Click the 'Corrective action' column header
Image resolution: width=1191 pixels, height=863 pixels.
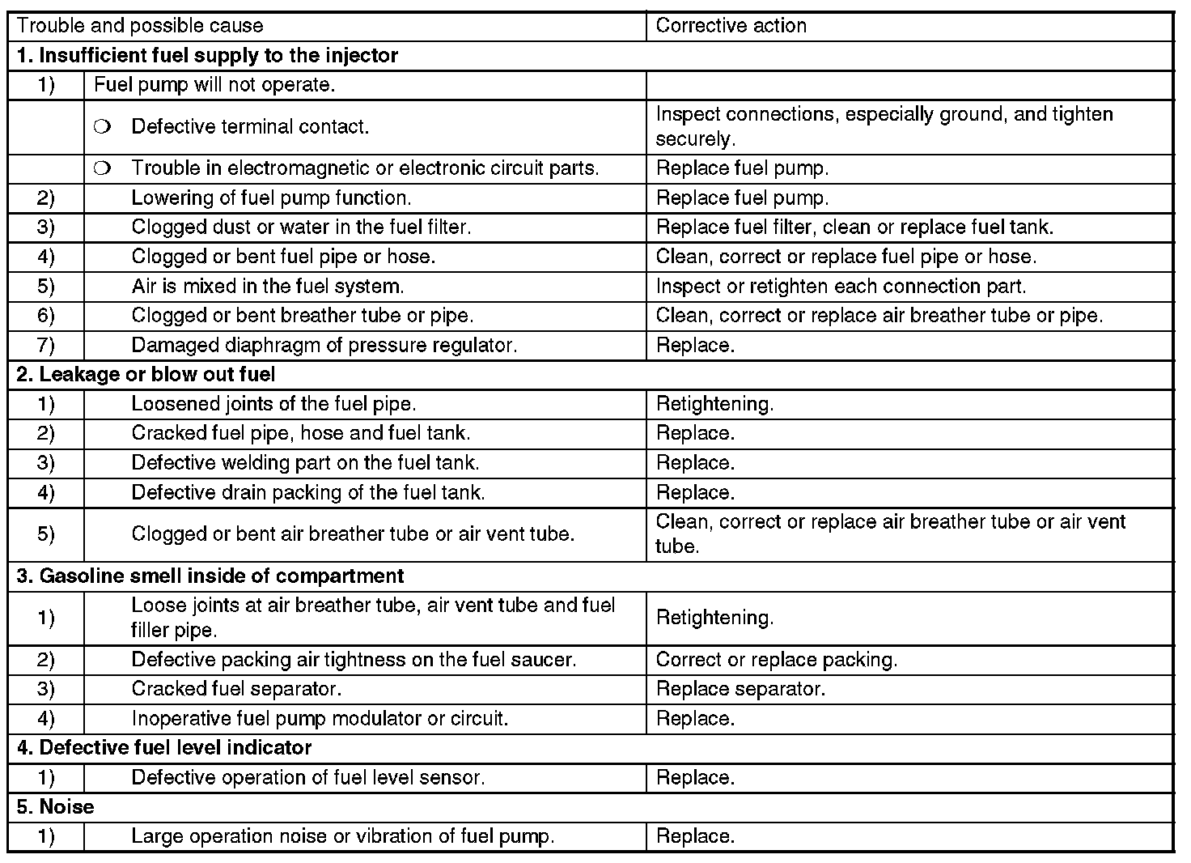pos(731,26)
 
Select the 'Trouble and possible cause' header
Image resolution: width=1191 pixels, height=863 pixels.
pos(140,26)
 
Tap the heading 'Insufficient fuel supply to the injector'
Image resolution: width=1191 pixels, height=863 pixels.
pos(207,56)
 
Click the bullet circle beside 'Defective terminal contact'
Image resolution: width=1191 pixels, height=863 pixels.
pos(101,127)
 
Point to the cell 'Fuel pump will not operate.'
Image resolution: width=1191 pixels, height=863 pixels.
pos(214,85)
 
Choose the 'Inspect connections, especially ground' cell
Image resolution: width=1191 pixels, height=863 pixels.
pos(884,126)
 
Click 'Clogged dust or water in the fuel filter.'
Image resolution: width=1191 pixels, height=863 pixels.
pos(301,227)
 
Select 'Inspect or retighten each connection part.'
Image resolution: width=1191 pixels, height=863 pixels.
pos(841,287)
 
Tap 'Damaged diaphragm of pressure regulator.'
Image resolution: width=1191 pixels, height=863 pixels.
pos(324,346)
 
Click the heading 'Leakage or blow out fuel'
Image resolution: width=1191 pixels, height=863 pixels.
pos(146,375)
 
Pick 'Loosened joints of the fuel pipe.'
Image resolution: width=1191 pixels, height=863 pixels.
pos(273,404)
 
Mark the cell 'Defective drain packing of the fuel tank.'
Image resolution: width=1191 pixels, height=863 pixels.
pos(308,493)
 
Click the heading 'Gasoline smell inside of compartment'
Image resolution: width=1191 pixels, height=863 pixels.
pos(210,576)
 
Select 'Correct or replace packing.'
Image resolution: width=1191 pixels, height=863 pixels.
pos(776,660)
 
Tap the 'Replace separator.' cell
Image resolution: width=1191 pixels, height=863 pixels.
pos(740,689)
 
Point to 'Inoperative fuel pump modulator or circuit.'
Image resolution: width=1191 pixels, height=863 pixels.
pos(320,719)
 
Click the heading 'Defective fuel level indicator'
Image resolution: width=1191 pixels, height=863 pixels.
pos(164,748)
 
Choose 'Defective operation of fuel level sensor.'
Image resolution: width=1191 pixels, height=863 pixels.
pos(308,778)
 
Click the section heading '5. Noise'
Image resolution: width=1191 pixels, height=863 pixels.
pos(55,807)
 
